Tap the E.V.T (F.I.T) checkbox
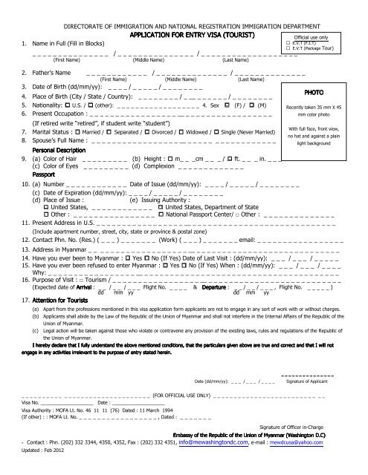point(288,44)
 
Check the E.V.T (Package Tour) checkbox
point(288,50)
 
